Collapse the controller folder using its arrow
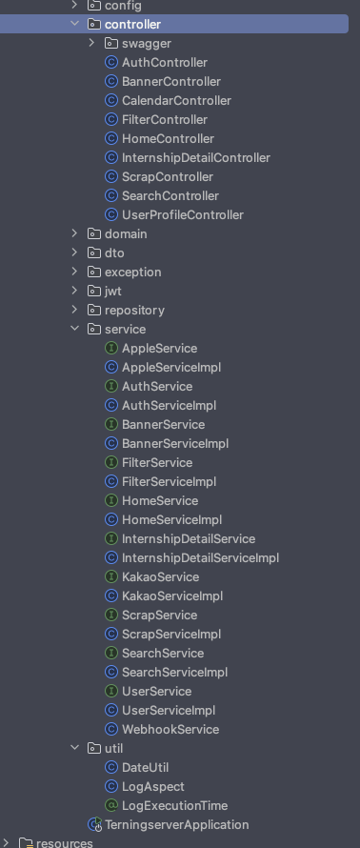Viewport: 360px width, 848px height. (74, 25)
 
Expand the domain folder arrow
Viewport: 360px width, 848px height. (74, 233)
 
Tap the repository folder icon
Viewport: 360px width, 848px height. (94, 310)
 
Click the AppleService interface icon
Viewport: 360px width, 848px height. (110, 349)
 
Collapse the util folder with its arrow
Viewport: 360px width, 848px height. (74, 749)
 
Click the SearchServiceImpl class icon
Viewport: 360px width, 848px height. (110, 673)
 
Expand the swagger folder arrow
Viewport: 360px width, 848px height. (91, 43)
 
